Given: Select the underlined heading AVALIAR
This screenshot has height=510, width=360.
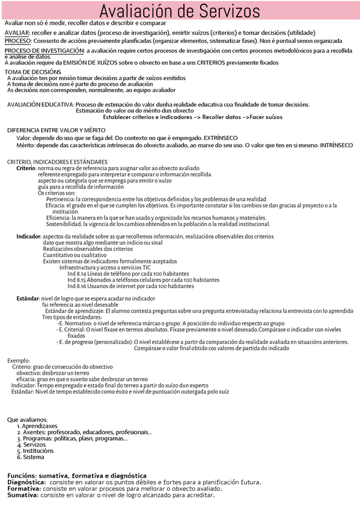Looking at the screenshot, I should click(17, 32).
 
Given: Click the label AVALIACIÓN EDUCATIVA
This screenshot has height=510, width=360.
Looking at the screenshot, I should click(40, 105).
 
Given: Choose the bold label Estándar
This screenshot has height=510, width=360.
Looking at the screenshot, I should click(28, 298).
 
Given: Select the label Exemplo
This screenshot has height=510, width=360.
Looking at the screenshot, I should click(19, 360).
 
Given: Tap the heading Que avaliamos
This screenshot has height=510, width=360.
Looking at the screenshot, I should click(27, 419).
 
